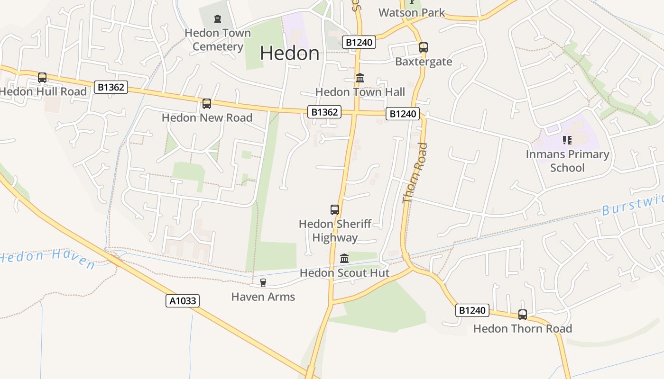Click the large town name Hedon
[289, 53]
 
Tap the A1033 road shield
[183, 301]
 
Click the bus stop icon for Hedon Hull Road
[42, 78]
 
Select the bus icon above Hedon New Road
[207, 104]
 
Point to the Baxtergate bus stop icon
[424, 47]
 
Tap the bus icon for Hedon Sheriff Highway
[335, 209]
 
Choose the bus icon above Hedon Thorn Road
[523, 315]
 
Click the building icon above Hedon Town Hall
[360, 78]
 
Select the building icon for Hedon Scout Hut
[344, 259]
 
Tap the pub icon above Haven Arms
[263, 283]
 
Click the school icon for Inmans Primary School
[567, 140]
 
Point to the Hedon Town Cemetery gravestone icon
[218, 19]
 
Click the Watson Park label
[412, 13]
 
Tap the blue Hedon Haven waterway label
[47, 259]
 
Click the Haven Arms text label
[263, 297]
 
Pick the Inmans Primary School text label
[567, 161]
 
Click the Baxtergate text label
[424, 62]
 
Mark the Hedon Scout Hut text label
[344, 273]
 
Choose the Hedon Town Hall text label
[360, 92]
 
